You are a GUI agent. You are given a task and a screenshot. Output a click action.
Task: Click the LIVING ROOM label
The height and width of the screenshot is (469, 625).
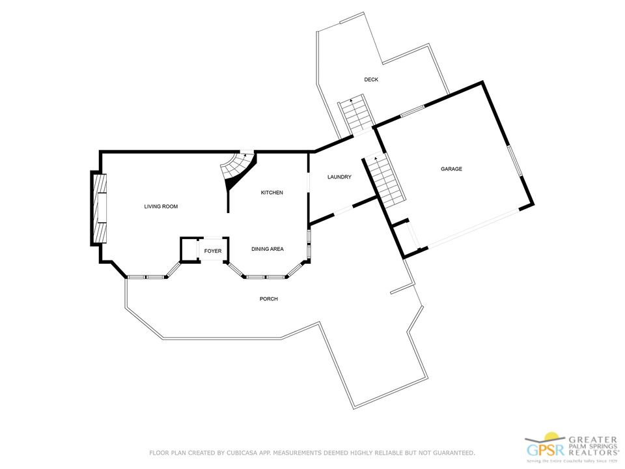pyautogui.click(x=161, y=206)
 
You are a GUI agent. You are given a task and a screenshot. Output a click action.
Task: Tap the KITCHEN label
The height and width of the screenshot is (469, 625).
pyautogui.click(x=272, y=193)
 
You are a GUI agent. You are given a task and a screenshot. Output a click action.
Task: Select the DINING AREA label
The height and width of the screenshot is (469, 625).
pyautogui.click(x=268, y=249)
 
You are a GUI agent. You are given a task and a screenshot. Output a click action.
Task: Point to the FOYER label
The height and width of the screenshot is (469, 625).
pyautogui.click(x=213, y=251)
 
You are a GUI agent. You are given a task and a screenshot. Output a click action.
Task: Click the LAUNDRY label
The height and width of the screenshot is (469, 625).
pyautogui.click(x=339, y=177)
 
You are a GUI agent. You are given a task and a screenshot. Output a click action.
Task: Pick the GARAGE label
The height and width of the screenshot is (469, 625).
pyautogui.click(x=451, y=169)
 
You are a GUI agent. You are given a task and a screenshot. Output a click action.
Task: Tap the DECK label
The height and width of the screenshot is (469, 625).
pyautogui.click(x=371, y=79)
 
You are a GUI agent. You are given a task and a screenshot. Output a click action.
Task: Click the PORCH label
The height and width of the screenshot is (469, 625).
pyautogui.click(x=269, y=299)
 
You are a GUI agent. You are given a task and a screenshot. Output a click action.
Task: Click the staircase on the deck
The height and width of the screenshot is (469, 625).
pyautogui.click(x=357, y=114)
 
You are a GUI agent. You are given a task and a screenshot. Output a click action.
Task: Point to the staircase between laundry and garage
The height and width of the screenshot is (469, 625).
pyautogui.click(x=385, y=180)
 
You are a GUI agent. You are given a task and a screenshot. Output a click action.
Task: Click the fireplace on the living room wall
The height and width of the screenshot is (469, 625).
pyautogui.click(x=99, y=208)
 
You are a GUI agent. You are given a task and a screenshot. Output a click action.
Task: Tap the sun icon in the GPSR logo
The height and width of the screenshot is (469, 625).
pyautogui.click(x=551, y=436)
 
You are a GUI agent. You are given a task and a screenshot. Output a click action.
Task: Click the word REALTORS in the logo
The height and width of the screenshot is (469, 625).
pyautogui.click(x=592, y=453)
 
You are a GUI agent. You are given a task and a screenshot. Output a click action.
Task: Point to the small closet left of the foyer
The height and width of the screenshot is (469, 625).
pyautogui.click(x=189, y=249)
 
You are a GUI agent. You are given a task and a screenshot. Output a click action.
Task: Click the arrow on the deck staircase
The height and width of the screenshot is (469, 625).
pyautogui.click(x=351, y=100)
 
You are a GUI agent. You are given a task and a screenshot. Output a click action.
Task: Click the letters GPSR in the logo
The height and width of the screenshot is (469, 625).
pyautogui.click(x=546, y=450)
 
